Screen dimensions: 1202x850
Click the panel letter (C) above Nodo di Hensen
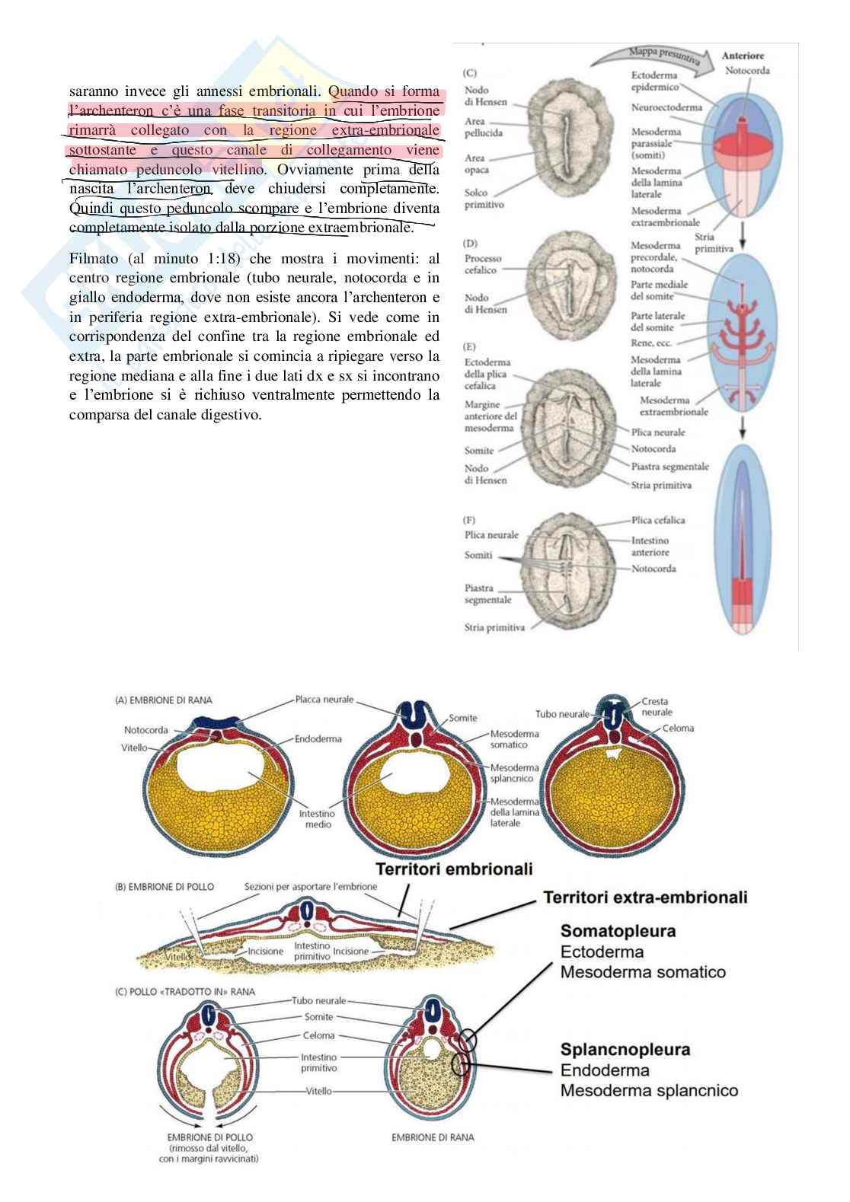coord(470,73)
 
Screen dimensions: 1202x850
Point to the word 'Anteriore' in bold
coord(743,56)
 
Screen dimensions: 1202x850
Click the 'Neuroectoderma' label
coord(666,107)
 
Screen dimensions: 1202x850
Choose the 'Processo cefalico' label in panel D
coord(484,264)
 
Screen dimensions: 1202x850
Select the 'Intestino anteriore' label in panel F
coord(650,546)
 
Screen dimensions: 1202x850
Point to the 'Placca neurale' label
coord(325,699)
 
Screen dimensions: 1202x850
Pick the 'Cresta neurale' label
coord(657,706)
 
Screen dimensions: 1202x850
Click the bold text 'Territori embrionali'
coord(453,869)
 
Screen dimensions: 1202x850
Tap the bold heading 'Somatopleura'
coord(618,930)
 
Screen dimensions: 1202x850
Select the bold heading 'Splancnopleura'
coord(625,1049)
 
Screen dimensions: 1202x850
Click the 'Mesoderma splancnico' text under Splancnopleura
coord(649,1091)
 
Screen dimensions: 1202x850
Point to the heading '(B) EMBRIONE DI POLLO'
coord(165,887)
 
